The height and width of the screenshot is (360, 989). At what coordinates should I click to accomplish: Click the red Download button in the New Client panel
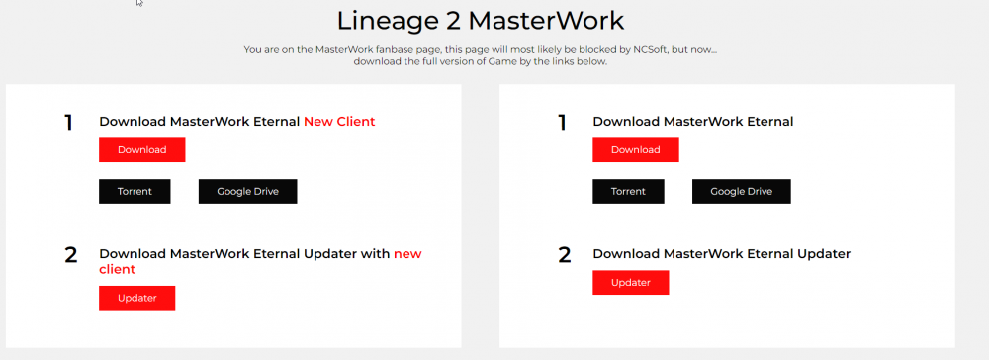(141, 150)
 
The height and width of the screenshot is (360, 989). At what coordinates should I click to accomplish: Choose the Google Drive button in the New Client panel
(248, 191)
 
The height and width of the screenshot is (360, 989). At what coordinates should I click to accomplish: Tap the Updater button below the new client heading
(136, 298)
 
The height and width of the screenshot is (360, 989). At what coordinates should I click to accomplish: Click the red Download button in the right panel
(636, 150)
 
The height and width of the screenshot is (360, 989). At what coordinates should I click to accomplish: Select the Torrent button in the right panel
(628, 191)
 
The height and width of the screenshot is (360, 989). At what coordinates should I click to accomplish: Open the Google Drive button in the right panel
(741, 191)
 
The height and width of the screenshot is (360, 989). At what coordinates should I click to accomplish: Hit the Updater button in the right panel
(631, 283)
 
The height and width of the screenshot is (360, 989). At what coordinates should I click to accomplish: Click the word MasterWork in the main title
(546, 21)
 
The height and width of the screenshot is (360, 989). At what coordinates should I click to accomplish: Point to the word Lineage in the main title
(387, 22)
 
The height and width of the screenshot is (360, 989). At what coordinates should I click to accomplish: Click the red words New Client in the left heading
(339, 122)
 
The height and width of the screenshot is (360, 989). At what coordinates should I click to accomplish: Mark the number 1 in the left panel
(69, 123)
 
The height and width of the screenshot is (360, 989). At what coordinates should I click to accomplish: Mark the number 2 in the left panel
(70, 255)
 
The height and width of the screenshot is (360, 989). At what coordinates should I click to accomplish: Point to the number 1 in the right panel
(563, 123)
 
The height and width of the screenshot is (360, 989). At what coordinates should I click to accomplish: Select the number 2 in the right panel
(565, 255)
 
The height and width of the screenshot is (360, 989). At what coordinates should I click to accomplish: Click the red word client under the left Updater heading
(118, 269)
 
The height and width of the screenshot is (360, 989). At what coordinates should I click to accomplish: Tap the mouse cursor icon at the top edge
(139, 3)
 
